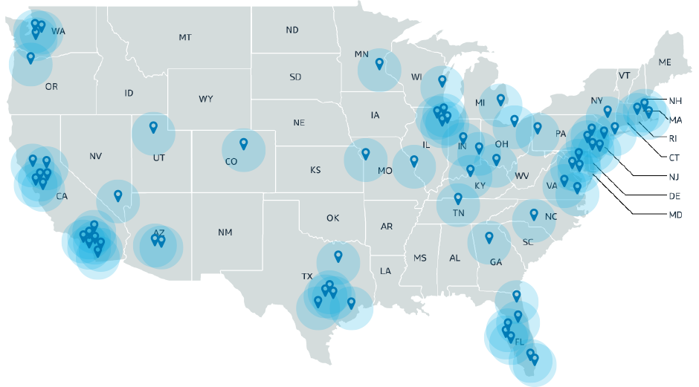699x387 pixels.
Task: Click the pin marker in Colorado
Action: coord(243,143)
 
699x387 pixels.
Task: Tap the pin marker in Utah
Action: coord(153,127)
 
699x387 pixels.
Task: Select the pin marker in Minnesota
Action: coord(379,64)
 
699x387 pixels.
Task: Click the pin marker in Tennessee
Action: coord(458,198)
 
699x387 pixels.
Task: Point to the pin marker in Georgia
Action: coord(489,238)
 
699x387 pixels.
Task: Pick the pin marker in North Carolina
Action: coord(533,215)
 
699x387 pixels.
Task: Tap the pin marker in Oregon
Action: coord(30,57)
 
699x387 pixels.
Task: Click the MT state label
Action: coord(185,37)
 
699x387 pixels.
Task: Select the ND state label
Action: coord(292,30)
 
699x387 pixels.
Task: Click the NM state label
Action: coord(225,232)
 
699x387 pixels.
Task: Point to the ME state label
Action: coord(665,62)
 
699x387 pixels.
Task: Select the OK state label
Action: coord(332,218)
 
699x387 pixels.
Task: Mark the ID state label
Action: coord(129,94)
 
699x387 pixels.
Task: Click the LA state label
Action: coord(385,271)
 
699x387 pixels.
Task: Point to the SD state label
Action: coord(295,77)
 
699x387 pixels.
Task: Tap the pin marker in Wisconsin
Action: coord(442,80)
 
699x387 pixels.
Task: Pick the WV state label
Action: coord(521,176)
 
